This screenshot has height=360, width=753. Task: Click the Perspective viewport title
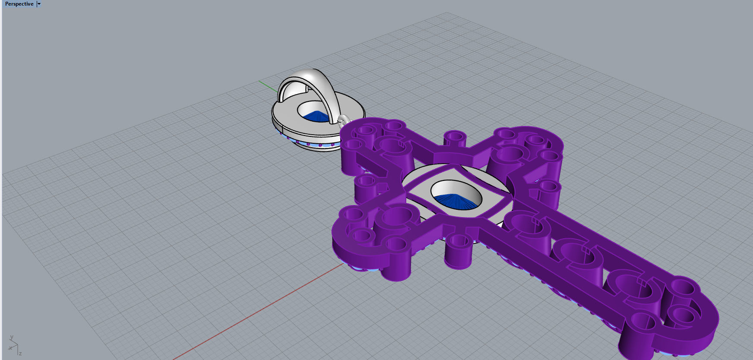[x=19, y=4]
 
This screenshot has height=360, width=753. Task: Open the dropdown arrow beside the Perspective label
[x=39, y=4]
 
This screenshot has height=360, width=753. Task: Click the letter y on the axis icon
[x=12, y=338]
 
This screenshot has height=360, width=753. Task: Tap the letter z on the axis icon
[x=20, y=354]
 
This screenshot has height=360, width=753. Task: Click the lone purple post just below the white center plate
[x=459, y=250]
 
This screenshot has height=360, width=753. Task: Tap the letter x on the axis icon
[x=10, y=348]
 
